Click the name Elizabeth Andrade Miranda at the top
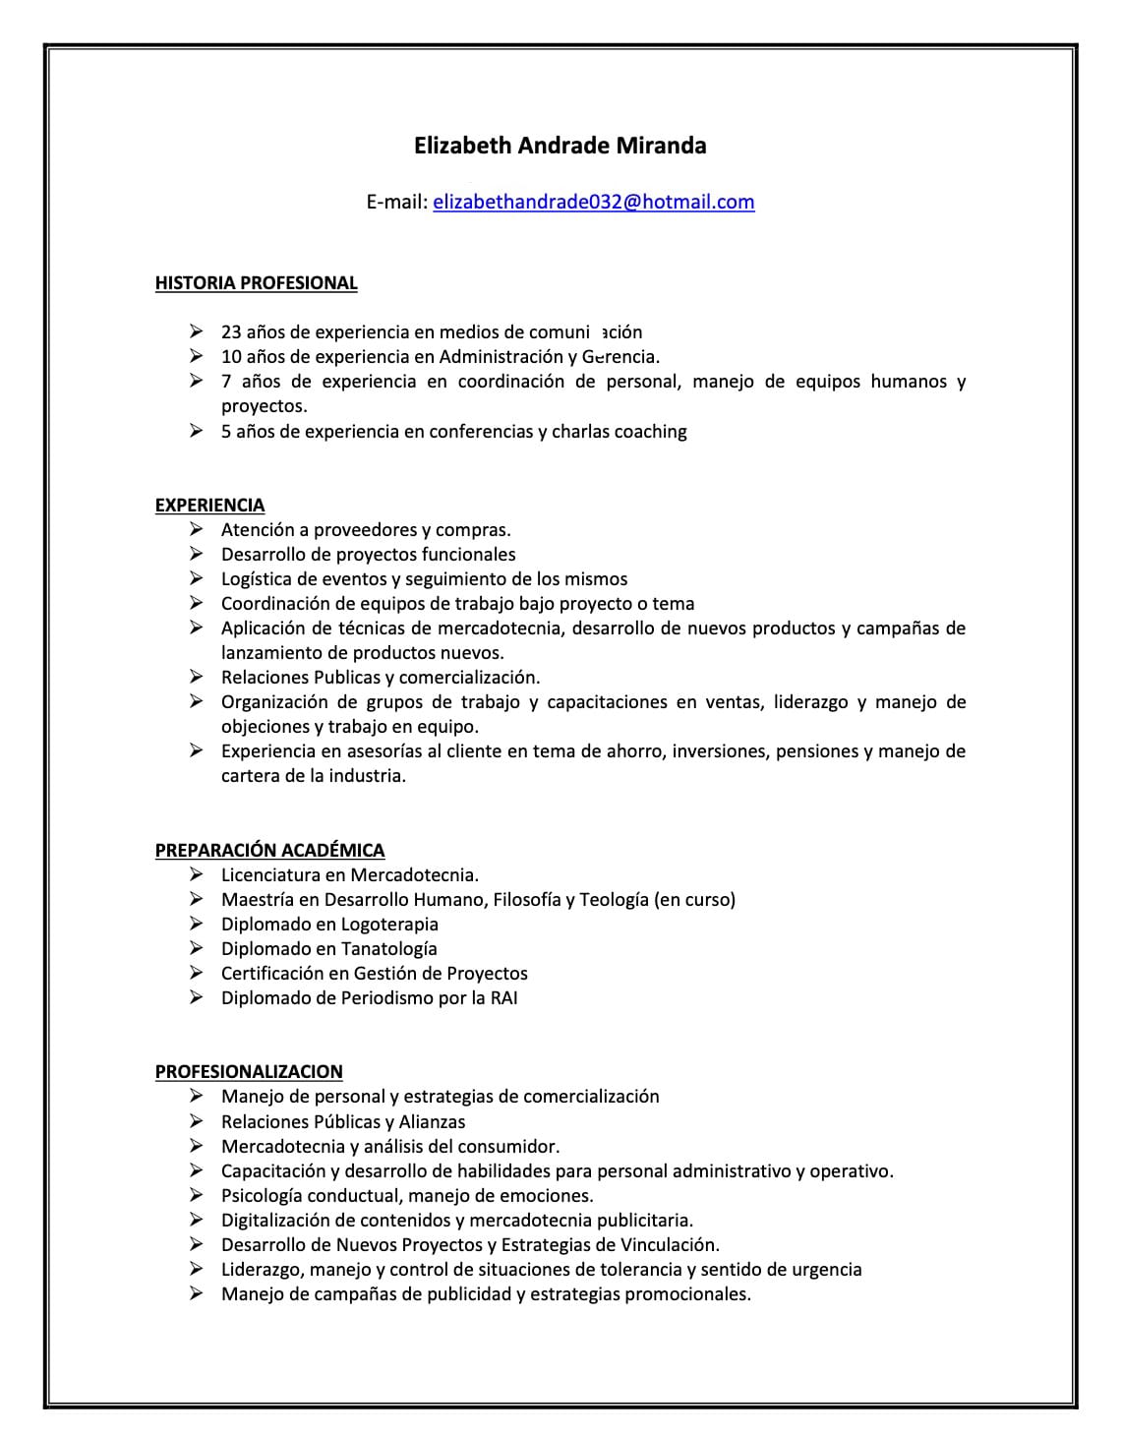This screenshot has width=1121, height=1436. [x=560, y=146]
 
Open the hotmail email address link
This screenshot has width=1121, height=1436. [x=593, y=202]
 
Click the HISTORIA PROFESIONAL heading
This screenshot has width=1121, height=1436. [x=256, y=283]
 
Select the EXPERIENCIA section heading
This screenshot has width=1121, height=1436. [x=209, y=505]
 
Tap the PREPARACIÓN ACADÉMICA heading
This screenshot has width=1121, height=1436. [x=269, y=850]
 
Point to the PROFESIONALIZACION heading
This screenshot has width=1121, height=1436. [x=249, y=1071]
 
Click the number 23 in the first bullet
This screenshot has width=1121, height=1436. [x=231, y=332]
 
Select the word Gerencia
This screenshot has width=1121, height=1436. [x=619, y=357]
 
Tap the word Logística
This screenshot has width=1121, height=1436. [x=256, y=579]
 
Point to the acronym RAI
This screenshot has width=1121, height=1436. [x=501, y=997]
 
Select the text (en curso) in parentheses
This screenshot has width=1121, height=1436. [x=694, y=899]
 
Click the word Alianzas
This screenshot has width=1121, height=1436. [x=432, y=1121]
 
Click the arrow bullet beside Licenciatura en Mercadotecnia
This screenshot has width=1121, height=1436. [x=197, y=874]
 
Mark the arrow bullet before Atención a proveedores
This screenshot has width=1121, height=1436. [x=197, y=530]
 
